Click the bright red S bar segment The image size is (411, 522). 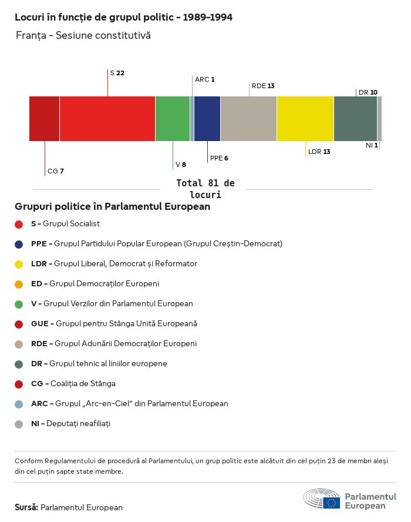click(x=107, y=119)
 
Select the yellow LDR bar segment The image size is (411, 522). click(x=305, y=119)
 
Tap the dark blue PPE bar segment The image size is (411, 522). click(x=207, y=119)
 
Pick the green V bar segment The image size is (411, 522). click(x=173, y=119)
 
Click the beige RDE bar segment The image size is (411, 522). click(x=248, y=119)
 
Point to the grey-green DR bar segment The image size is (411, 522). click(x=355, y=119)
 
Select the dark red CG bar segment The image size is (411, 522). click(x=45, y=119)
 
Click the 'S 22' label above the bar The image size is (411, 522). click(x=117, y=73)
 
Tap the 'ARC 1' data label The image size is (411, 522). click(x=205, y=79)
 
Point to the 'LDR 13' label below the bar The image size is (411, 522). click(x=319, y=152)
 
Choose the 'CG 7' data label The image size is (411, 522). click(x=56, y=171)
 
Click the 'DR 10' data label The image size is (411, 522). click(x=368, y=92)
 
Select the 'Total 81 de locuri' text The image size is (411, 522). click(x=205, y=189)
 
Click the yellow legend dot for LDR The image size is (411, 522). click(x=19, y=264)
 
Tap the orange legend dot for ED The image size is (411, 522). click(x=19, y=284)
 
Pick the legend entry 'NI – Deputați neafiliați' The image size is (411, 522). click(x=70, y=424)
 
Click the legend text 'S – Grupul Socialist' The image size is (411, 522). click(x=65, y=224)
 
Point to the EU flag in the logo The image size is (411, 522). click(x=331, y=503)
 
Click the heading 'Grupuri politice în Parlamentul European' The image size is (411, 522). click(x=112, y=207)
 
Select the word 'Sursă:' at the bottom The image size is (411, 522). click(x=26, y=507)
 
